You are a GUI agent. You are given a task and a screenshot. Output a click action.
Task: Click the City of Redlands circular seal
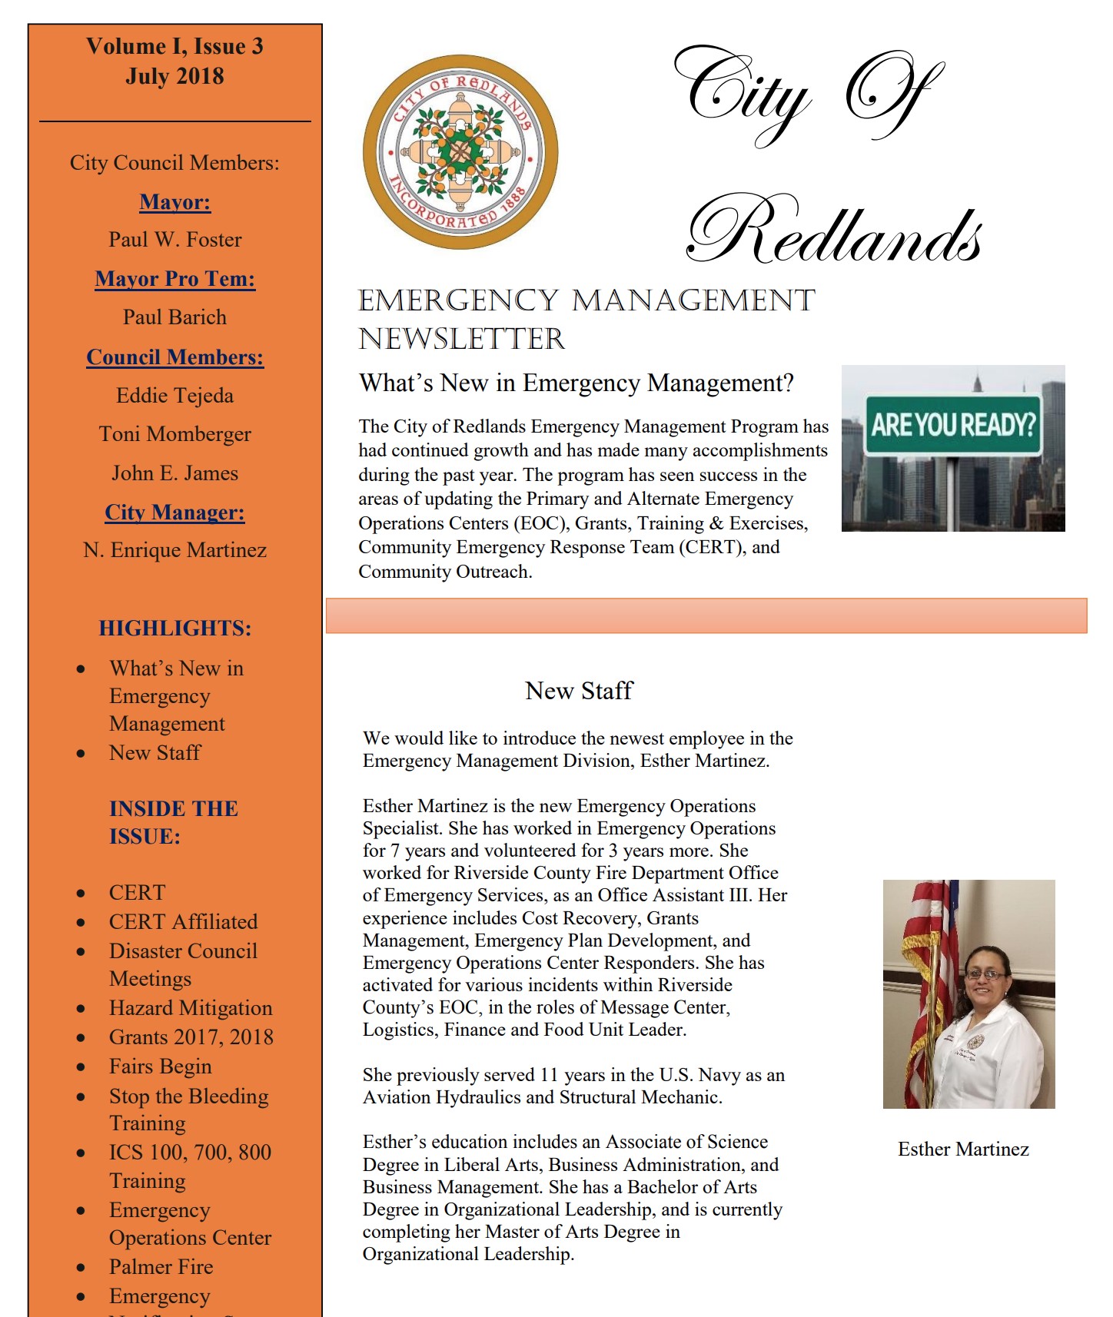coord(460,152)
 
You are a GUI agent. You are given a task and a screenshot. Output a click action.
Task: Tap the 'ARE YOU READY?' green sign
coord(953,425)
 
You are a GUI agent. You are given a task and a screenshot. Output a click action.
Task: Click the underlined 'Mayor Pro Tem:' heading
coord(175,279)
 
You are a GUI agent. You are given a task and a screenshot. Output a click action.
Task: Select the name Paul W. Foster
coord(175,240)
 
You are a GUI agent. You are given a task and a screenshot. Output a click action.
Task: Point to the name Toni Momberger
coord(175,434)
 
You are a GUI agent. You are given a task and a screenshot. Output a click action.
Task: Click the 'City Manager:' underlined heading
coord(175,513)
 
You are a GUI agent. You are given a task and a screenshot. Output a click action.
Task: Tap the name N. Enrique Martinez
coord(175,550)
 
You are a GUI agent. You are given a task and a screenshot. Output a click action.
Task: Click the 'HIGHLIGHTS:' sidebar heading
coord(175,629)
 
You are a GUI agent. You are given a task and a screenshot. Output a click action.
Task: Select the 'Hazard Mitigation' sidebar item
coord(191,1008)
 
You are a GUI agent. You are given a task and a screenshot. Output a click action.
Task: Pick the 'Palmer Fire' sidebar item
coord(161,1267)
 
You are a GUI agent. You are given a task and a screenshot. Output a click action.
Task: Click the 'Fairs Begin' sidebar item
coord(160,1067)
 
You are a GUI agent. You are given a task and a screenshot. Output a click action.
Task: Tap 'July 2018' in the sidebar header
coord(175,77)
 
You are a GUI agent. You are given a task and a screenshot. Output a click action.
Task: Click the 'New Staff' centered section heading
coord(579,691)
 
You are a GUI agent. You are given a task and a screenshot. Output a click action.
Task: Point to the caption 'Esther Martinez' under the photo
coord(963,1149)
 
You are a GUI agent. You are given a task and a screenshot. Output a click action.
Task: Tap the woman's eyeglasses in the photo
coord(986,974)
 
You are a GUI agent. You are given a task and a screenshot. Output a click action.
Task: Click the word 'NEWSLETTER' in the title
coord(462,339)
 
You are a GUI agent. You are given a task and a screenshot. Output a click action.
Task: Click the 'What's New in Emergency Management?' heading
coord(576,383)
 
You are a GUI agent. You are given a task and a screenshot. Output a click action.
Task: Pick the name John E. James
coord(175,473)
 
